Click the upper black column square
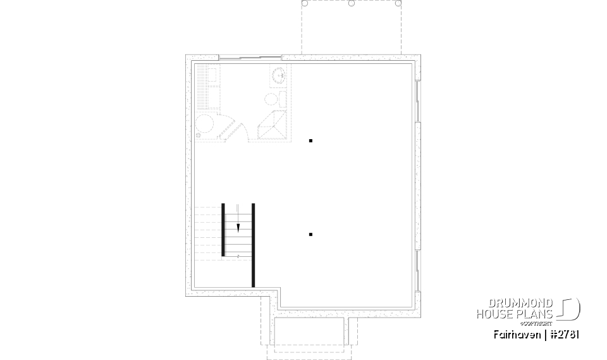pyautogui.click(x=310, y=140)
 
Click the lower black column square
pyautogui.click(x=310, y=235)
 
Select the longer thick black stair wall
pyautogui.click(x=254, y=245)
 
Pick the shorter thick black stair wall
pyautogui.click(x=223, y=229)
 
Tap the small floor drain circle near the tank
pyautogui.click(x=198, y=134)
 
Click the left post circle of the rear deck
pyautogui.click(x=304, y=3)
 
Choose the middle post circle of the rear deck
pyautogui.click(x=352, y=3)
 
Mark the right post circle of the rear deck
pyautogui.click(x=398, y=3)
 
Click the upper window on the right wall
pyautogui.click(x=417, y=101)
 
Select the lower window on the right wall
pyautogui.click(x=417, y=272)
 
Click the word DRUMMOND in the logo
pyautogui.click(x=516, y=304)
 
